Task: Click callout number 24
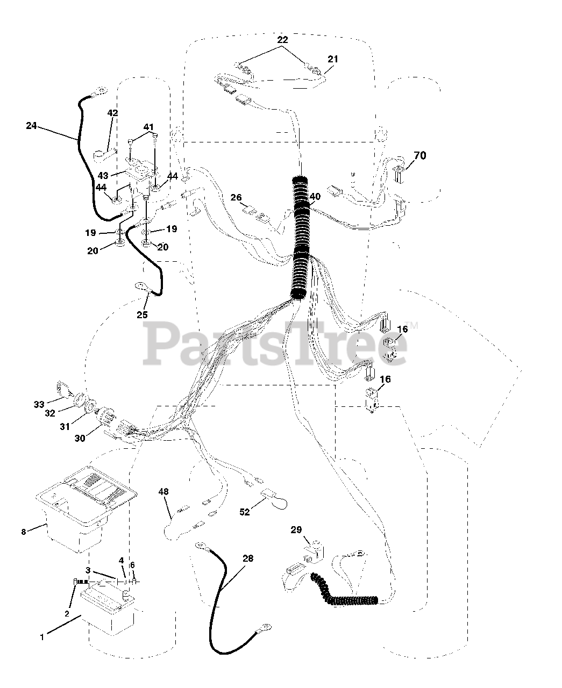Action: (31, 126)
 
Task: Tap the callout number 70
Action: (419, 156)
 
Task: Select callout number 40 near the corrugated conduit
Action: (315, 197)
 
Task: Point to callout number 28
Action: (247, 558)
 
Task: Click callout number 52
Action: (245, 512)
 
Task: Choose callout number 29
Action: (296, 530)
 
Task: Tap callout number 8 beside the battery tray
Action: (23, 532)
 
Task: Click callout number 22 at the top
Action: (282, 40)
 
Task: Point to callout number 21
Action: (333, 59)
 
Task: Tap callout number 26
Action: (236, 197)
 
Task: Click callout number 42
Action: (112, 113)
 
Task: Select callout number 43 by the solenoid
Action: (103, 176)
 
